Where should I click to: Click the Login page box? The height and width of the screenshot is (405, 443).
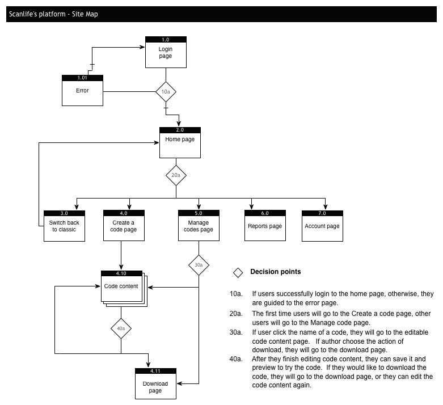pyautogui.click(x=166, y=52)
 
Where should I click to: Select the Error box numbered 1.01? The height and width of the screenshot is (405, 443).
pyautogui.click(x=82, y=90)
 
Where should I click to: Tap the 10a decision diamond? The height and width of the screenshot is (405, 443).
pyautogui.click(x=166, y=91)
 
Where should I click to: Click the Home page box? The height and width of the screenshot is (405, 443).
pyautogui.click(x=180, y=142)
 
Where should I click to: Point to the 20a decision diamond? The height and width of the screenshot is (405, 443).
pyautogui.click(x=176, y=175)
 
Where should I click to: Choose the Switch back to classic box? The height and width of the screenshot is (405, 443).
pyautogui.click(x=64, y=226)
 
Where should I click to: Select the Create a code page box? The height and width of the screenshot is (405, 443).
pyautogui.click(x=124, y=226)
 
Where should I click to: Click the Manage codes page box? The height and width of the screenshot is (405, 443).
pyautogui.click(x=199, y=226)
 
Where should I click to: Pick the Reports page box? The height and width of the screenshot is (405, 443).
pyautogui.click(x=265, y=226)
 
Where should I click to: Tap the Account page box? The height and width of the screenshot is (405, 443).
pyautogui.click(x=322, y=226)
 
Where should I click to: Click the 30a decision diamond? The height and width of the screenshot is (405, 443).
pyautogui.click(x=199, y=265)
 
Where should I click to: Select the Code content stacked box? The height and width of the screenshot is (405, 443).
pyautogui.click(x=124, y=289)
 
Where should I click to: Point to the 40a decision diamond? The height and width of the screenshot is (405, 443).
pyautogui.click(x=121, y=328)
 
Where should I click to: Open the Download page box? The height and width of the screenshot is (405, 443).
pyautogui.click(x=155, y=383)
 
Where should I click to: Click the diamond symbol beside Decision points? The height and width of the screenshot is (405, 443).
pyautogui.click(x=238, y=273)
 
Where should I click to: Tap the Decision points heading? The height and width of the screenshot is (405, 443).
pyautogui.click(x=276, y=272)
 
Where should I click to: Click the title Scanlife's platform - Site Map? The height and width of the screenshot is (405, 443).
pyautogui.click(x=53, y=14)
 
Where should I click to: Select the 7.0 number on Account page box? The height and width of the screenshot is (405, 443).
pyautogui.click(x=322, y=213)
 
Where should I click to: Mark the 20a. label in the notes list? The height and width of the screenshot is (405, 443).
pyautogui.click(x=236, y=314)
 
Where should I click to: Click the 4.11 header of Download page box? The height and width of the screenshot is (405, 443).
pyautogui.click(x=155, y=371)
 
